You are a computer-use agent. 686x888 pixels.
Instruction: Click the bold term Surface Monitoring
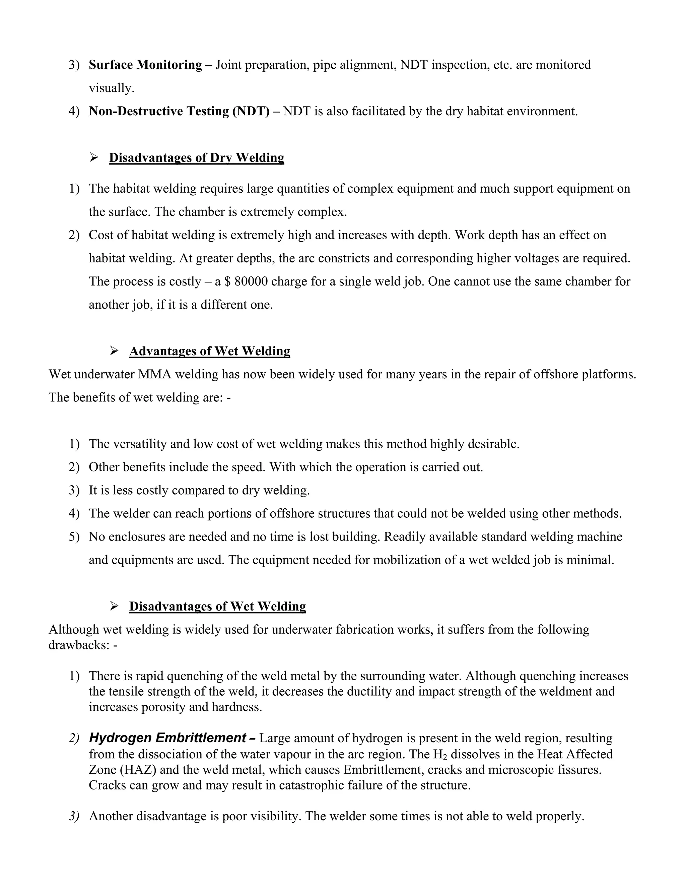point(145,65)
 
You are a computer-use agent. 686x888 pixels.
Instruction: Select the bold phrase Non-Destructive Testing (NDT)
point(179,111)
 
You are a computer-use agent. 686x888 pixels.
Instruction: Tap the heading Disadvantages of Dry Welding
point(196,158)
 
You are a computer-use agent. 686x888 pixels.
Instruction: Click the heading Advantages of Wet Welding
point(209,351)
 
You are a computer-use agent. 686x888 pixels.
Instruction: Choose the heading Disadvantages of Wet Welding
point(217,606)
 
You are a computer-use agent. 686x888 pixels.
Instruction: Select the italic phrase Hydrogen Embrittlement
point(167,738)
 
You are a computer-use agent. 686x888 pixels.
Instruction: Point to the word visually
point(111,88)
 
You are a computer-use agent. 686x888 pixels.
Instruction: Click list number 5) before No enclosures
point(74,537)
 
